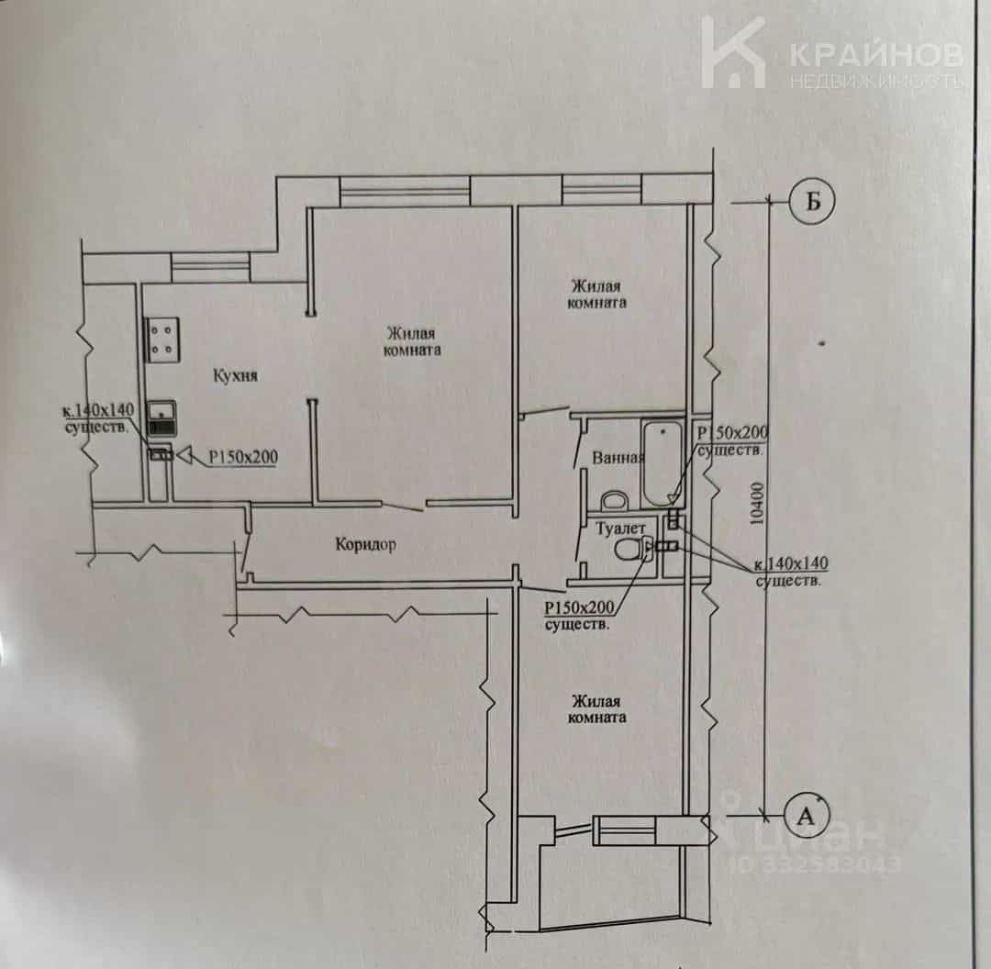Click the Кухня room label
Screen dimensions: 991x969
(x=235, y=375)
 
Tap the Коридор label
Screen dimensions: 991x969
(x=365, y=544)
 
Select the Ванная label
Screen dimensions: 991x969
(x=618, y=458)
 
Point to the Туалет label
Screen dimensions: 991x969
(x=621, y=528)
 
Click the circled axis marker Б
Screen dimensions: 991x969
(x=812, y=201)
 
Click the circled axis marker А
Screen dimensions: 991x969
(x=807, y=816)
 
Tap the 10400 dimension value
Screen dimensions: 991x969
(x=756, y=504)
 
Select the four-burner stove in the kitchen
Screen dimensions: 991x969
(x=163, y=340)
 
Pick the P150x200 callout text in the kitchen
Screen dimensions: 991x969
(x=243, y=457)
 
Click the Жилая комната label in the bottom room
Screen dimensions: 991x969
(x=597, y=709)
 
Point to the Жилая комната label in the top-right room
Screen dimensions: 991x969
(x=597, y=294)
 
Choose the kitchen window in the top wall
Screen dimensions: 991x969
(x=210, y=267)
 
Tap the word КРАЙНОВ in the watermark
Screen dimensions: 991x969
(x=876, y=55)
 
